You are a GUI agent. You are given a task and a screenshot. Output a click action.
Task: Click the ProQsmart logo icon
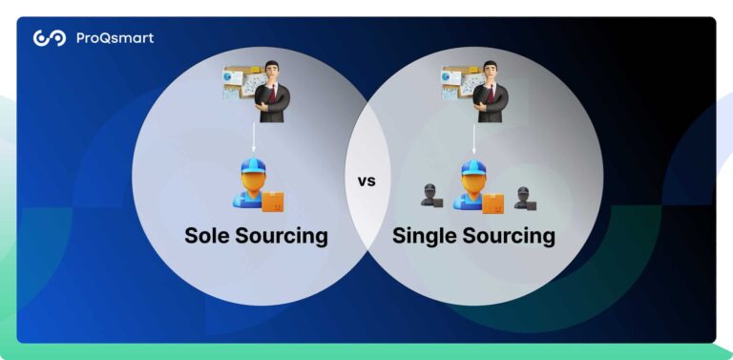point(49,38)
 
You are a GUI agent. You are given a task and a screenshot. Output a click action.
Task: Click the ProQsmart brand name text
point(115,38)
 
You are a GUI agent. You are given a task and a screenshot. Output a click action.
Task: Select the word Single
point(428,235)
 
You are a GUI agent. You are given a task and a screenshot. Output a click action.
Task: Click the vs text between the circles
point(366,180)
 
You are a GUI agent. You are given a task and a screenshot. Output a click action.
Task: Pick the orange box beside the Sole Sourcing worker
point(274,201)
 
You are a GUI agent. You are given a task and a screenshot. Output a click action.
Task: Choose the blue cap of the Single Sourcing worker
point(472,169)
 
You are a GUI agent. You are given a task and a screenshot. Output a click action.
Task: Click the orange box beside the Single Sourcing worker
point(493,201)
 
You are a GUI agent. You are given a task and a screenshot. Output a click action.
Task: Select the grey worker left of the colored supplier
point(429,196)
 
